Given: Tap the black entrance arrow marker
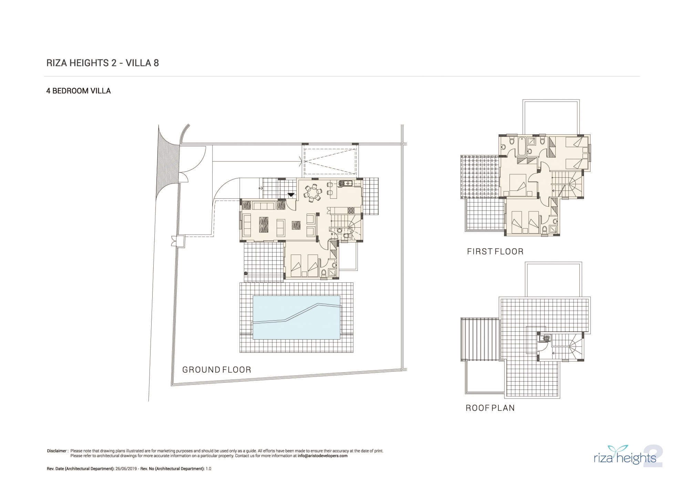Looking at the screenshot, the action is click(x=291, y=195).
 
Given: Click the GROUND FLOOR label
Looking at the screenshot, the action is click(x=217, y=370).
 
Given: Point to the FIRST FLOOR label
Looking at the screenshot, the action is click(x=495, y=251).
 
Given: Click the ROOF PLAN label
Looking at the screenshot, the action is click(x=490, y=408).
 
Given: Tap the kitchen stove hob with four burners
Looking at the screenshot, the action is click(x=351, y=209).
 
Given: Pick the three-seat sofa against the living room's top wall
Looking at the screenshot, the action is click(x=263, y=206).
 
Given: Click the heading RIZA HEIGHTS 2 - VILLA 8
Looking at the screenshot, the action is click(x=103, y=63).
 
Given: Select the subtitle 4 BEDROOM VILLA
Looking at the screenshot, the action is click(x=79, y=91).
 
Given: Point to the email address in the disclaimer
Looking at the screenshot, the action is click(x=322, y=456).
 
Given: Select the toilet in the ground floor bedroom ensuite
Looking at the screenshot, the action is click(x=323, y=274).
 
